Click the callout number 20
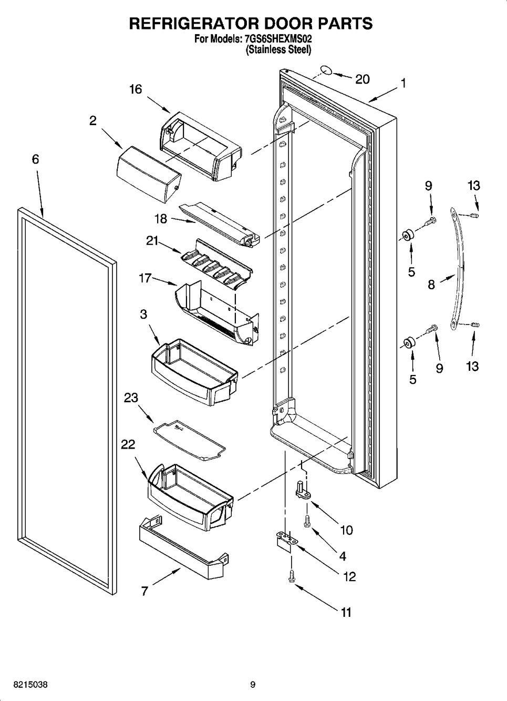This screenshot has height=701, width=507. click(x=363, y=79)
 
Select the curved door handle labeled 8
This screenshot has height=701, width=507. click(x=457, y=269)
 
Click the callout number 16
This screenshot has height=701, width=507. click(x=136, y=89)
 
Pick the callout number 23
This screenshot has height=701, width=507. click(x=131, y=398)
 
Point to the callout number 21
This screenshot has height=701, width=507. click(x=152, y=241)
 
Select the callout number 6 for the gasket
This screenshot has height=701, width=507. click(x=35, y=159)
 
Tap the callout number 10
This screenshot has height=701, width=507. click(x=346, y=530)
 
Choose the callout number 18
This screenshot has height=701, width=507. click(x=161, y=219)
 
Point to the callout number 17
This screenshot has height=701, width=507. click(x=145, y=278)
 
